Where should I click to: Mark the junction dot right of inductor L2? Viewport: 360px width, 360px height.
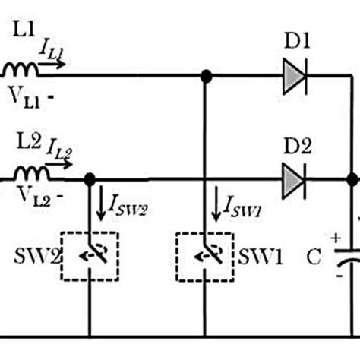89,180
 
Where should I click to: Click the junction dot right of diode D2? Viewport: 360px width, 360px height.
352,181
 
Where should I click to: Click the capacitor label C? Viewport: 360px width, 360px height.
314,258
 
